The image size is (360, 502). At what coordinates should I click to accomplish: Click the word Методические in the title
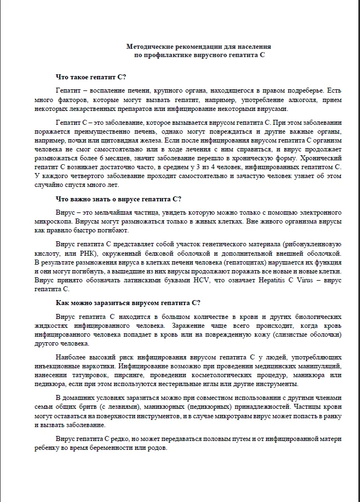[x=151, y=48]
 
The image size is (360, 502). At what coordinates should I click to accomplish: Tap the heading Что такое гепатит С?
[x=91, y=77]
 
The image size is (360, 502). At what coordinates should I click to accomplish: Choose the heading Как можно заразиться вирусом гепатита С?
[x=128, y=302]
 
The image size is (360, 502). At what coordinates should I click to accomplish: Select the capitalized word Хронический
[x=323, y=159]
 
